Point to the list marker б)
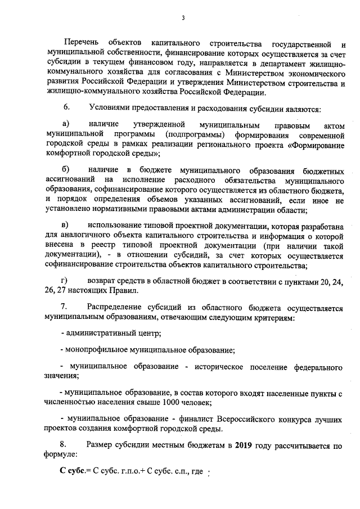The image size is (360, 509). (x=65, y=169)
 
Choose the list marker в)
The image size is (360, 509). (x=65, y=224)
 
